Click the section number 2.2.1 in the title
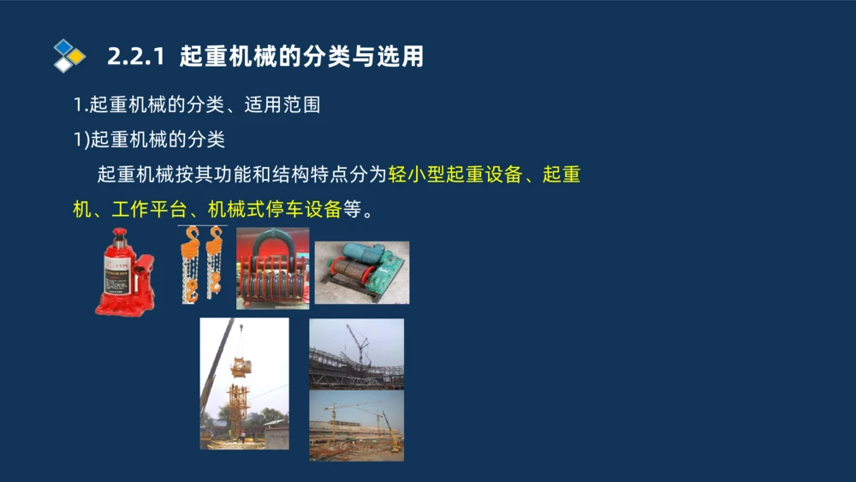[137, 57]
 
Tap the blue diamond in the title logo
[63, 47]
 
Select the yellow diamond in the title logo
[76, 57]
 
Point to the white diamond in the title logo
[63, 64]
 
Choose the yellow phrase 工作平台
[149, 209]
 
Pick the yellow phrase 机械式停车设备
[275, 209]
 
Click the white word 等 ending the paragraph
[352, 209]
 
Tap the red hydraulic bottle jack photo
[125, 271]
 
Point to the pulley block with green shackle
[272, 267]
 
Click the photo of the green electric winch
[361, 272]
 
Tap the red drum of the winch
[346, 277]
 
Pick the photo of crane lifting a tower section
[244, 384]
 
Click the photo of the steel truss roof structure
[356, 354]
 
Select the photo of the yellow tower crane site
[356, 425]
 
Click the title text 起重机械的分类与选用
[302, 57]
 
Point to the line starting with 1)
[149, 140]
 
